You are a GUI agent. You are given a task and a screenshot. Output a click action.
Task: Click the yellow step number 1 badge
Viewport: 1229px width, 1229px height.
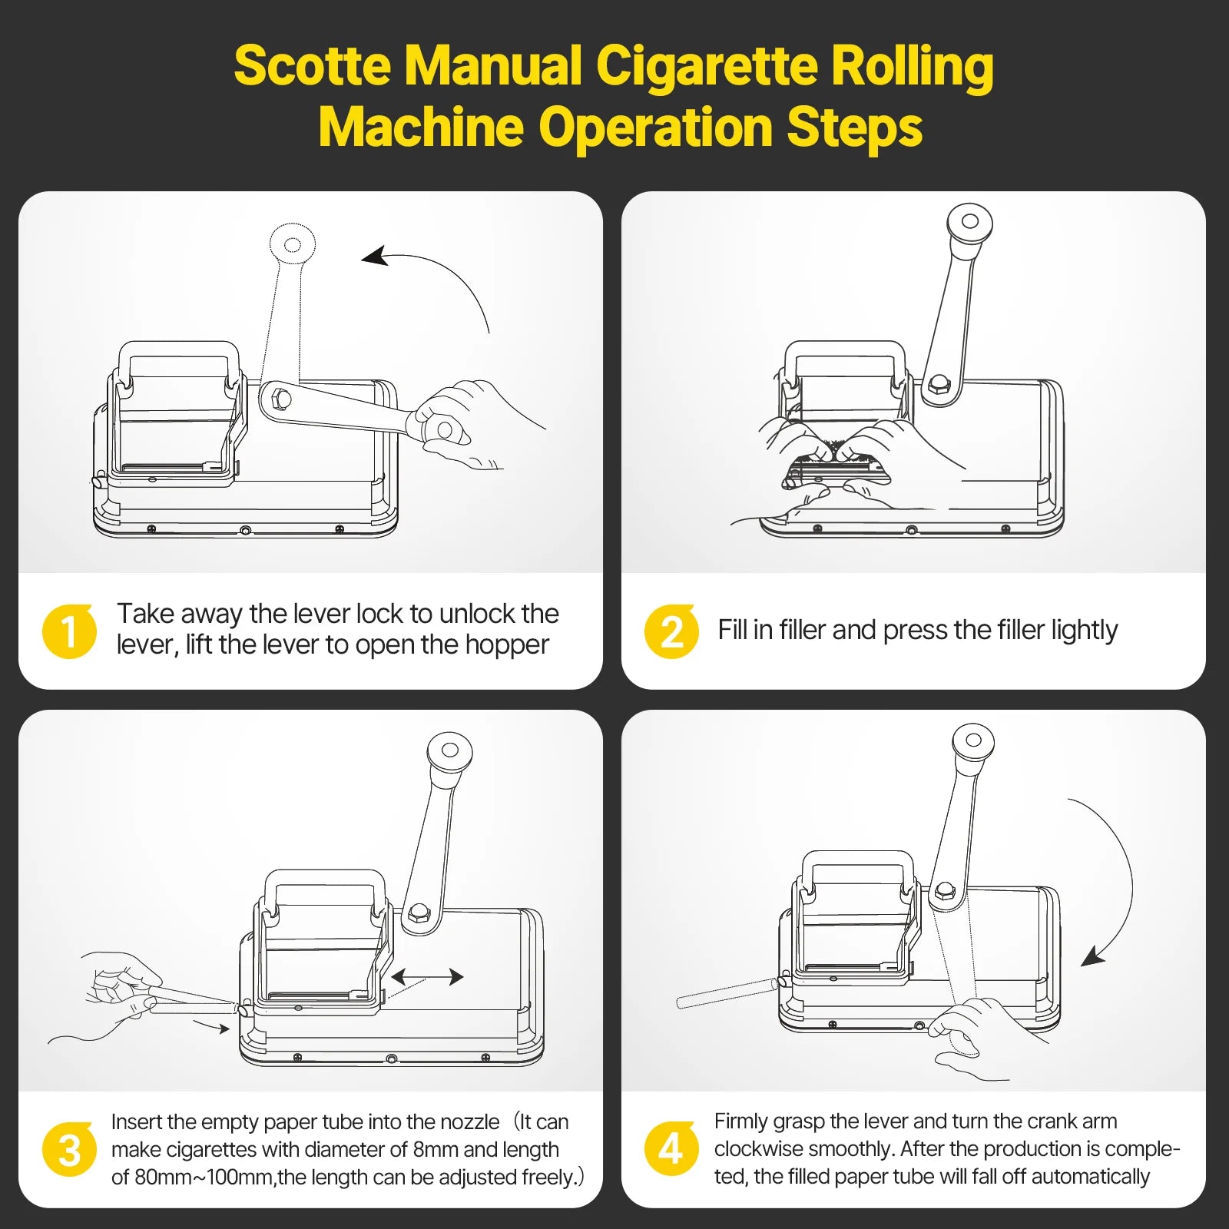[x=69, y=631]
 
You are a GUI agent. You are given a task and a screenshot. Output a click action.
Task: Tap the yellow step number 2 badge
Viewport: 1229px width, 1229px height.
[x=671, y=631]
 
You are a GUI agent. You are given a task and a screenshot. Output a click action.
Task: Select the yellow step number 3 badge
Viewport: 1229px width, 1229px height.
[x=69, y=1150]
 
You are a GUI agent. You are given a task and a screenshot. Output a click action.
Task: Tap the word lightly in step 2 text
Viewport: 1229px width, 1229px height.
[x=1084, y=631]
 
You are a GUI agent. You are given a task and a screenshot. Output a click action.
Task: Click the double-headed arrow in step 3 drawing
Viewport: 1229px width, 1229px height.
[x=427, y=977]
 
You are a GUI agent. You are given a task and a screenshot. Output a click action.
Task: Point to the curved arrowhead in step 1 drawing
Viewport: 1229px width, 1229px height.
[x=375, y=257]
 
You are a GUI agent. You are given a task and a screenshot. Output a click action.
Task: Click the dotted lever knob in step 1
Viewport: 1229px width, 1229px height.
[x=293, y=244]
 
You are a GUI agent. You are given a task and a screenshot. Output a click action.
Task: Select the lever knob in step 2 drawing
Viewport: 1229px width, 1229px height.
[x=969, y=222]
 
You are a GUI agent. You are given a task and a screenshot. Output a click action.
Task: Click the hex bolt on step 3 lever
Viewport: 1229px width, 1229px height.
[x=418, y=913]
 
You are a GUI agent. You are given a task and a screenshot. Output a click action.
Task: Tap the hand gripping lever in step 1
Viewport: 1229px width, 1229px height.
[x=453, y=426]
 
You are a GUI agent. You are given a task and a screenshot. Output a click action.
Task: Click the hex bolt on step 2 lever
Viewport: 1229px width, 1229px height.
[x=937, y=384]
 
